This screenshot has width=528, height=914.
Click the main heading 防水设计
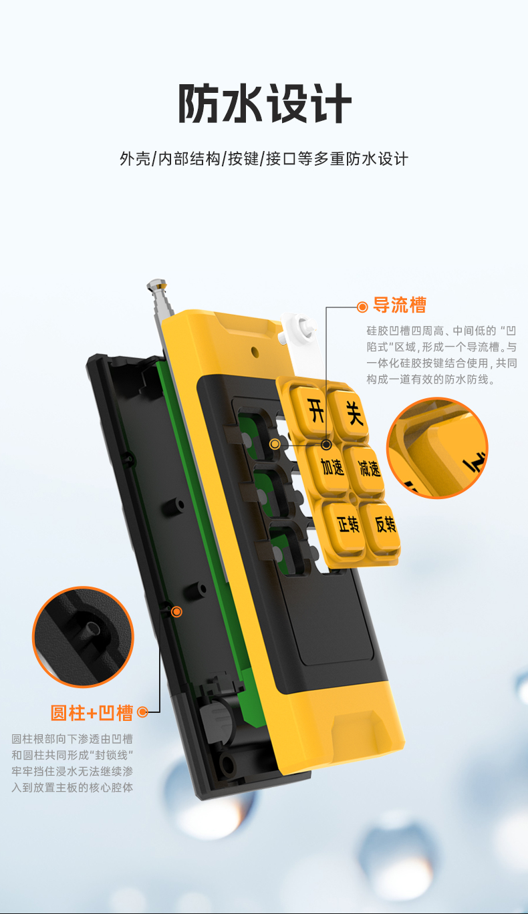pyautogui.click(x=264, y=104)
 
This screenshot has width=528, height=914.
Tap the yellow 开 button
pyautogui.click(x=315, y=409)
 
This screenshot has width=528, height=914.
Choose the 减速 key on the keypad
pyautogui.click(x=368, y=469)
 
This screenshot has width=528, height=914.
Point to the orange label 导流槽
pyautogui.click(x=400, y=306)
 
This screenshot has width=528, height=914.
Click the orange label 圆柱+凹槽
pyautogui.click(x=92, y=713)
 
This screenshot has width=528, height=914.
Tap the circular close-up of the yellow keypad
pyautogui.click(x=438, y=448)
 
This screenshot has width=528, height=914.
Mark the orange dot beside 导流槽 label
pyautogui.click(x=362, y=307)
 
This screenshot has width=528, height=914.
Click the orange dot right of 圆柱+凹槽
pyautogui.click(x=142, y=713)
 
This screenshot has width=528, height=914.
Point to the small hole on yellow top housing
pyautogui.click(x=254, y=350)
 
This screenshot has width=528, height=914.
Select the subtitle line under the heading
pyautogui.click(x=264, y=159)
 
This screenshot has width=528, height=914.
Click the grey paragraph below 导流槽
pyautogui.click(x=441, y=355)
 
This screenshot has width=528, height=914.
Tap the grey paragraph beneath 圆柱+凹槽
pyautogui.click(x=72, y=763)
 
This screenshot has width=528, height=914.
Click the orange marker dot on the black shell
pyautogui.click(x=176, y=611)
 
